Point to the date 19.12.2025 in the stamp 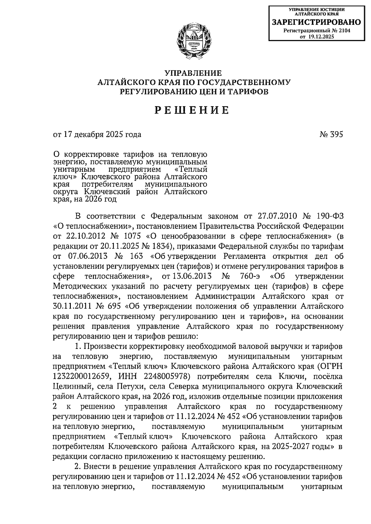(321, 36)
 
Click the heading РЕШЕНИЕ (192, 110)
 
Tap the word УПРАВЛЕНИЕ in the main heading (193, 73)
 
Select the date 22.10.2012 (86, 236)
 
